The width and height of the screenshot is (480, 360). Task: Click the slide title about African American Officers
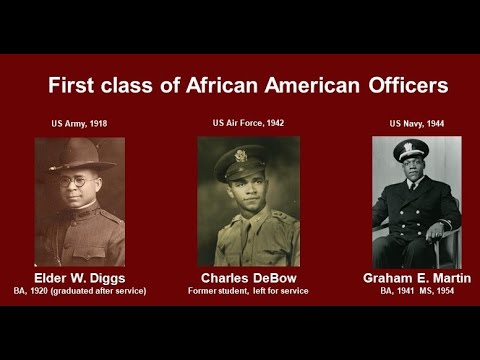pyautogui.click(x=248, y=84)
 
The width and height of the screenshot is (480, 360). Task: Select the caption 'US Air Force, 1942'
pyautogui.click(x=248, y=124)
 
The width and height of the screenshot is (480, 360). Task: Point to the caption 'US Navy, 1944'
pyautogui.click(x=417, y=125)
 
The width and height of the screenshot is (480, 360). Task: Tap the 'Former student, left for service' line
pyautogui.click(x=248, y=291)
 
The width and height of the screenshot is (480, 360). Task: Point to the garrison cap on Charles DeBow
pyautogui.click(x=243, y=158)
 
